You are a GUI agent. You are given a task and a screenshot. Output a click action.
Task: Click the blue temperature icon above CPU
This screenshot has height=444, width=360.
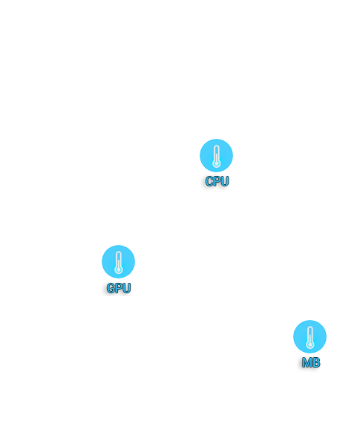216,155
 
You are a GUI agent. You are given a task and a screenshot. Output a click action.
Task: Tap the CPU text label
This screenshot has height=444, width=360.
217,181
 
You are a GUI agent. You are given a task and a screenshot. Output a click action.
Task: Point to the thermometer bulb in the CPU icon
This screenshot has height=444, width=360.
217,163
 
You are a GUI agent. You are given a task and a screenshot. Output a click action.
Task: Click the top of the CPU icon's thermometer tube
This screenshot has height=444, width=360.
217,146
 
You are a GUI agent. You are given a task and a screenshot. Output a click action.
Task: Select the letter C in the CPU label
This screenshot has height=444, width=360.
209,181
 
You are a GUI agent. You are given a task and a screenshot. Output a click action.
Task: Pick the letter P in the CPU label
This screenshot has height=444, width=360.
217,181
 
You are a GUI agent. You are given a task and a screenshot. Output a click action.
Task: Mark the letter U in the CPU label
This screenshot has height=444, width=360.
225,181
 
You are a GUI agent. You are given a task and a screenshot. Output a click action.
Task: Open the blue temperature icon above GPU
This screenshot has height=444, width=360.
118,261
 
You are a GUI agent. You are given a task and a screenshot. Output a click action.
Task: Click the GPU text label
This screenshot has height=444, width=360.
119,288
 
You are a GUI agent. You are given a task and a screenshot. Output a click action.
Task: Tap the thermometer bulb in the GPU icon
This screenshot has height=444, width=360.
119,270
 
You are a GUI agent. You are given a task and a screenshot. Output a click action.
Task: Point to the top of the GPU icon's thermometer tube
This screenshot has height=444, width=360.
119,252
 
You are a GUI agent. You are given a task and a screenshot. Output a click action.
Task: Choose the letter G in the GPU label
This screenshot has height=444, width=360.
111,288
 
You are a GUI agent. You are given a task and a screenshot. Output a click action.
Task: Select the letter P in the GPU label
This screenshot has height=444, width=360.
119,288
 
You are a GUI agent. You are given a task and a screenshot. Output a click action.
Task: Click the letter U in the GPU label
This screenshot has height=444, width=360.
127,288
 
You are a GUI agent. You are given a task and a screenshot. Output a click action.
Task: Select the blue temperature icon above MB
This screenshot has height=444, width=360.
310,336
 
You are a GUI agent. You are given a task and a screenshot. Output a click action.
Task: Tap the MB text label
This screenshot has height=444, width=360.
311,363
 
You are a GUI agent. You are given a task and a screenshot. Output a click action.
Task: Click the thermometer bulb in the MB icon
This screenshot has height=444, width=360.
310,345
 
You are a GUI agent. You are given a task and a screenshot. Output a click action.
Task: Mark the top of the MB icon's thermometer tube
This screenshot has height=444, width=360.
310,327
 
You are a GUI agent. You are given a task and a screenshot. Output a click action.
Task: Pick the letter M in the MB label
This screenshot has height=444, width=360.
307,363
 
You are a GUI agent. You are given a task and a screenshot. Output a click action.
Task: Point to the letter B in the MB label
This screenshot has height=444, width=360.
316,363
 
